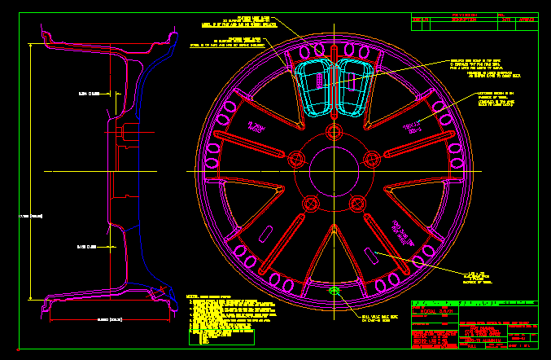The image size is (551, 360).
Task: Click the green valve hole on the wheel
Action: tap(334, 291)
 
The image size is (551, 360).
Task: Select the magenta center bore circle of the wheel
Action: tap(334, 171)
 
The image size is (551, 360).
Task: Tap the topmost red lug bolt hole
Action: tap(334, 134)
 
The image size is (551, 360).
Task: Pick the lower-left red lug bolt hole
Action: tap(311, 203)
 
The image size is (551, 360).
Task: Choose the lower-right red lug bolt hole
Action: tap(356, 203)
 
